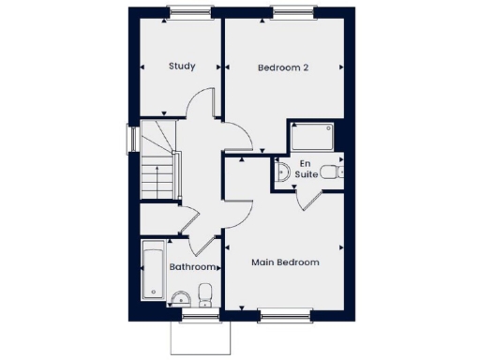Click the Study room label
[x=182, y=67]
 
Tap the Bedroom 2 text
[x=283, y=67]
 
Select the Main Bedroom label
[x=285, y=262]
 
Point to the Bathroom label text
[x=193, y=267]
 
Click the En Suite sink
[x=281, y=172]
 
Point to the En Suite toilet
[x=330, y=172]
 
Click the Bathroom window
[x=198, y=313]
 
